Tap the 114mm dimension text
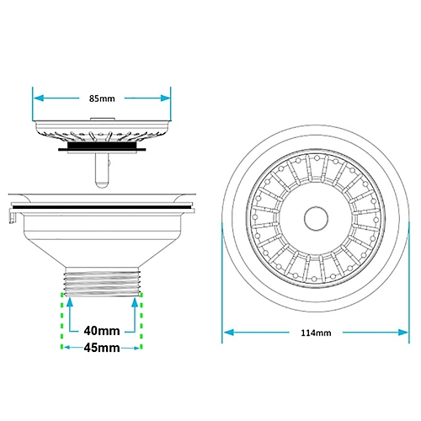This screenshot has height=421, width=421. [x=316, y=333]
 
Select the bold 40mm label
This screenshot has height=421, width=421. [x=102, y=331]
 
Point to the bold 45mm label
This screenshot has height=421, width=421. [x=102, y=347]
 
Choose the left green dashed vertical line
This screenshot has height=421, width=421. [x=63, y=320]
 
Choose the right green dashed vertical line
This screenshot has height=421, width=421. [x=141, y=320]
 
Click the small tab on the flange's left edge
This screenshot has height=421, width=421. [x=14, y=216]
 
